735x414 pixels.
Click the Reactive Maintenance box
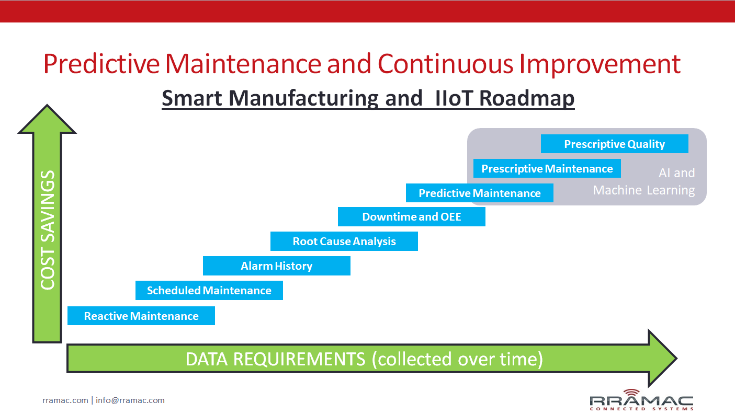(141, 316)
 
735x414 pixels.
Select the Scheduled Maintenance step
(209, 291)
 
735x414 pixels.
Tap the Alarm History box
(277, 266)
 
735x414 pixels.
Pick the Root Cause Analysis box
(344, 241)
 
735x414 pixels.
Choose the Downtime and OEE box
(412, 216)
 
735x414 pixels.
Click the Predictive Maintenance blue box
(479, 193)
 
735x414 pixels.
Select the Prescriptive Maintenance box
(547, 168)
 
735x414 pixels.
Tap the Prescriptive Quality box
(615, 144)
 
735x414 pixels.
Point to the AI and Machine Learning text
(644, 181)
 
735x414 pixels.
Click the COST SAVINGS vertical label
(48, 230)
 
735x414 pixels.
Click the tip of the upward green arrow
(47, 105)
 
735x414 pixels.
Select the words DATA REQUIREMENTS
(275, 359)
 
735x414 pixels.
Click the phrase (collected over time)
(457, 359)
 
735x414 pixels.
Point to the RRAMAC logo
(641, 400)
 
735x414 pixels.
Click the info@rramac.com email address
(130, 400)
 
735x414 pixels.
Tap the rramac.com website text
(65, 400)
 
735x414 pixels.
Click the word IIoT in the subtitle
(454, 98)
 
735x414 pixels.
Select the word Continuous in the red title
(445, 64)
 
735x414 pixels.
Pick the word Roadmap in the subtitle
(527, 98)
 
